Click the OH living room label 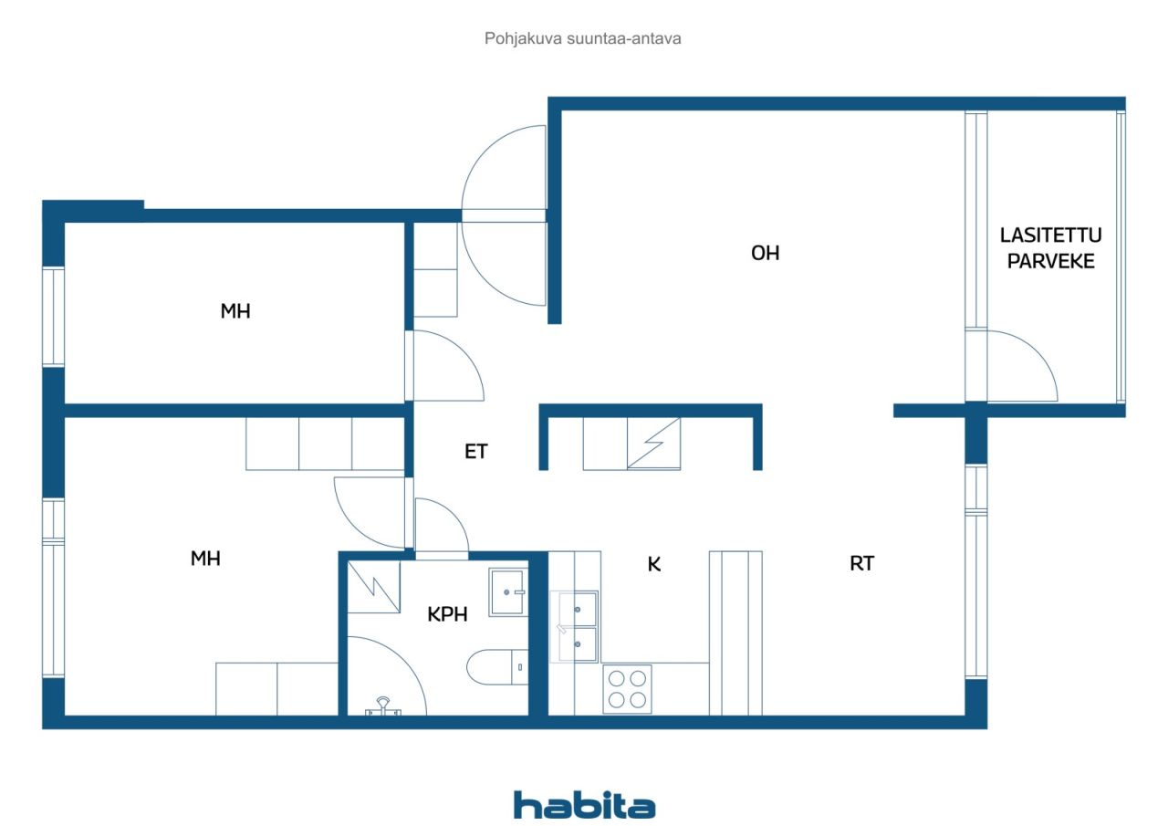pyautogui.click(x=765, y=254)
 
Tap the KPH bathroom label pyautogui.click(x=447, y=614)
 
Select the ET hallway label pyautogui.click(x=475, y=452)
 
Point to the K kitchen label pyautogui.click(x=654, y=564)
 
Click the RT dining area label pyautogui.click(x=861, y=563)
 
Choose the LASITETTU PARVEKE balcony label pyautogui.click(x=1050, y=248)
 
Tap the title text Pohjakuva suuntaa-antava pyautogui.click(x=582, y=38)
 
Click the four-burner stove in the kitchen pyautogui.click(x=627, y=689)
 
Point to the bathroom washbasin pyautogui.click(x=508, y=591)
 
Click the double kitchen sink pyautogui.click(x=574, y=626)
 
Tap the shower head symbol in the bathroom pyautogui.click(x=382, y=706)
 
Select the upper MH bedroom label pyautogui.click(x=235, y=311)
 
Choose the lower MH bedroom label pyautogui.click(x=205, y=559)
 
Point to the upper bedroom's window pyautogui.click(x=53, y=317)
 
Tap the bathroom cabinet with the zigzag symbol pyautogui.click(x=374, y=587)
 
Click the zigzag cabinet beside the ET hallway pyautogui.click(x=654, y=444)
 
